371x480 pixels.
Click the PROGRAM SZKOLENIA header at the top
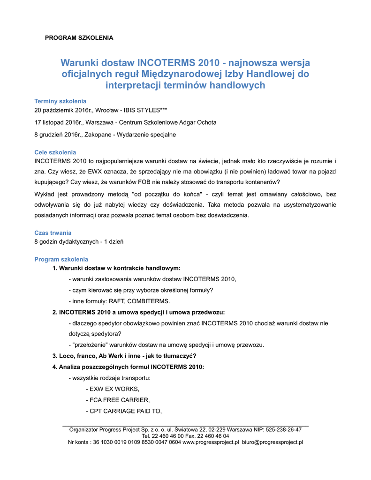pos(79,37)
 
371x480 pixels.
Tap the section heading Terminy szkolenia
pos(60,101)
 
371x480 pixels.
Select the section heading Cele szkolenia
pos(55,152)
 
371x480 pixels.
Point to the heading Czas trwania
pos(53,232)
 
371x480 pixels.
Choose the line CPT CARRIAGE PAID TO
pos(124,411)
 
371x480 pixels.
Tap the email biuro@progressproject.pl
pos(273,442)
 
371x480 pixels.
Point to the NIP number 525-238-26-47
pos(283,429)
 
